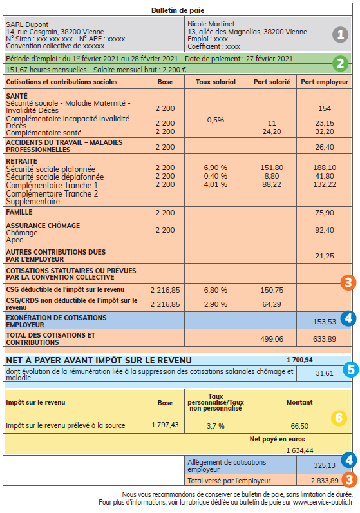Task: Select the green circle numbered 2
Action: pyautogui.click(x=341, y=64)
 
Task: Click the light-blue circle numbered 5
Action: pyautogui.click(x=350, y=369)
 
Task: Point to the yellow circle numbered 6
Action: pyautogui.click(x=339, y=418)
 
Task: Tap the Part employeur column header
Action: pyautogui.click(x=325, y=82)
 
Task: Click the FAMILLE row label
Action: pyautogui.click(x=19, y=212)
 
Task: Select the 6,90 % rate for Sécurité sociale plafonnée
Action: pyautogui.click(x=215, y=168)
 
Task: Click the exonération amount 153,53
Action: pyautogui.click(x=325, y=321)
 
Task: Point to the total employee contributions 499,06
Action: pyautogui.click(x=270, y=338)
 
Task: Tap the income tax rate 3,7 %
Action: pyautogui.click(x=215, y=426)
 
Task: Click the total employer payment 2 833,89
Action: pyautogui.click(x=325, y=480)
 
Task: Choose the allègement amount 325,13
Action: pyautogui.click(x=325, y=464)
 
